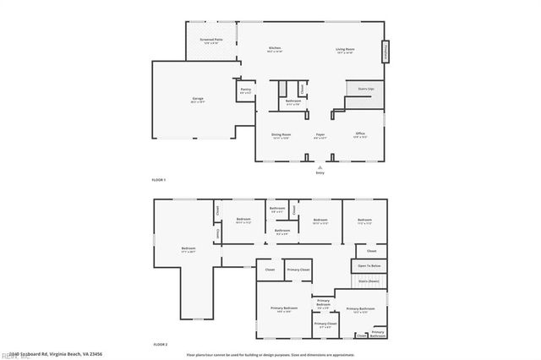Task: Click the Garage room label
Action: point(198,99)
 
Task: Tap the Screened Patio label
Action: point(211,40)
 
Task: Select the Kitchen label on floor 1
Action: point(275,48)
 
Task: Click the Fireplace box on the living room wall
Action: point(386,52)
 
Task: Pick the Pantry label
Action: point(245,90)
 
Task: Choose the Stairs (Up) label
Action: point(366,88)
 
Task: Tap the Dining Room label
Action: point(281,134)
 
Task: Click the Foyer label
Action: point(320,134)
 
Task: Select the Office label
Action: point(360,134)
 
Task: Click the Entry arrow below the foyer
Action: point(320,167)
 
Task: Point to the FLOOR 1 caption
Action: point(159,180)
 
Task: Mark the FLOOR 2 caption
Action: point(160,345)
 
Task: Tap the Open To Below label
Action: point(369,265)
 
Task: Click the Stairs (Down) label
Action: point(369,281)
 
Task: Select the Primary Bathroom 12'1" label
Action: point(360,309)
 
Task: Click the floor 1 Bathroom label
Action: point(293,101)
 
